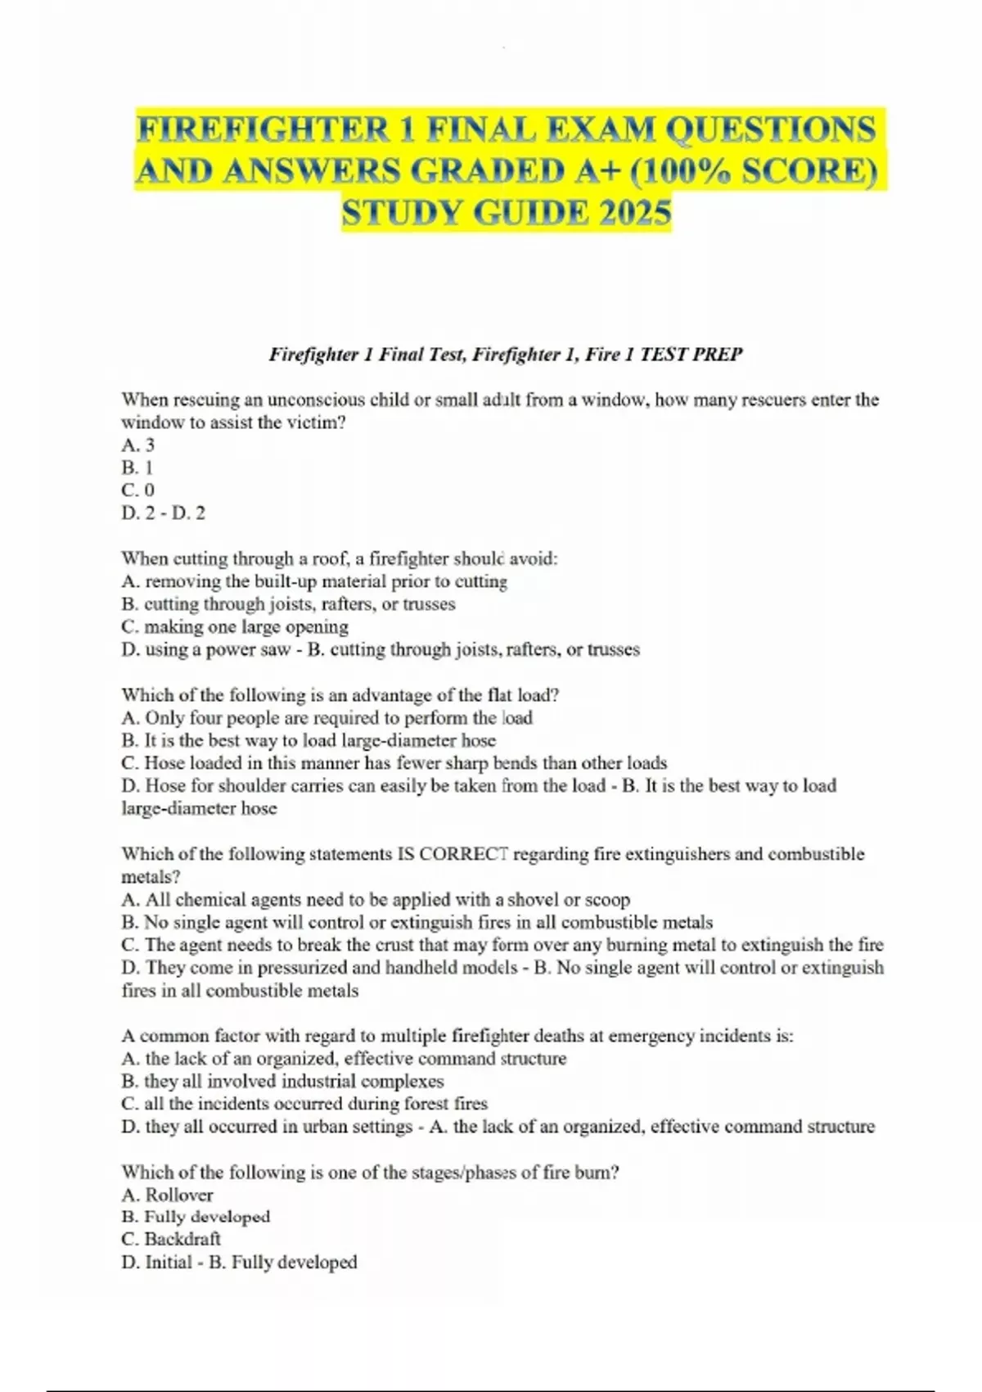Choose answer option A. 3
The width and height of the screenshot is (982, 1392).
click(137, 445)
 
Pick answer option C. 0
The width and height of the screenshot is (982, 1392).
click(137, 490)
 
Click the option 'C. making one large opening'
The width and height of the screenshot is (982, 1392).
click(235, 626)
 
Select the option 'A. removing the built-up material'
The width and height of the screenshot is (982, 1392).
click(314, 581)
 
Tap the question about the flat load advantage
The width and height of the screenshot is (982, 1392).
click(340, 695)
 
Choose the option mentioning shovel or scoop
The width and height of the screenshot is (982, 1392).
click(376, 899)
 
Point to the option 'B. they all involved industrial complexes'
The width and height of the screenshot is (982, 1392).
click(282, 1081)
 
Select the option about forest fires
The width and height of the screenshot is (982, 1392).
click(304, 1103)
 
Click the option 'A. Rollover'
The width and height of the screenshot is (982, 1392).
click(167, 1195)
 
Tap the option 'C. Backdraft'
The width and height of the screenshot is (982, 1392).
click(171, 1239)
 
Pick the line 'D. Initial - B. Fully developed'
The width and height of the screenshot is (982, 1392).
click(239, 1262)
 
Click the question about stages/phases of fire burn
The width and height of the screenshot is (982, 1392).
click(370, 1172)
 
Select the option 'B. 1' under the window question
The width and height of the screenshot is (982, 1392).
click(137, 468)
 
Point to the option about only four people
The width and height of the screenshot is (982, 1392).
click(327, 718)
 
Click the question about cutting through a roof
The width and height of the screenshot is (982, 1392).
click(339, 558)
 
